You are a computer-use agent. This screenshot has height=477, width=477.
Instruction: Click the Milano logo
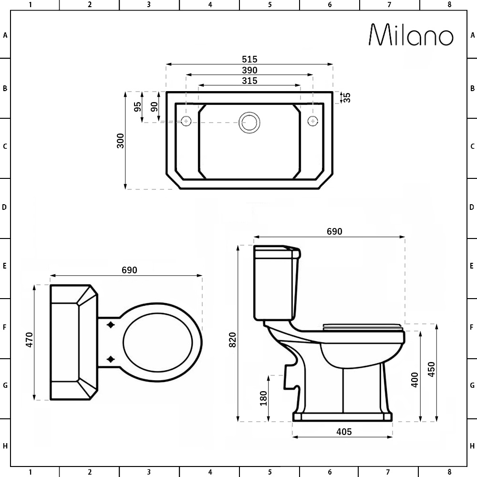point(411,35)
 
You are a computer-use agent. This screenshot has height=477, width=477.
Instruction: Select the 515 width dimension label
point(249,59)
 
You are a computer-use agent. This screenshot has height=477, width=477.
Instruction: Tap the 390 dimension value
point(249,70)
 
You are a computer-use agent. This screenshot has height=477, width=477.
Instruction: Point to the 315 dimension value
point(249,81)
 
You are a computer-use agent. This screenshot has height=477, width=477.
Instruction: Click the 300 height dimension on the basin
point(121,141)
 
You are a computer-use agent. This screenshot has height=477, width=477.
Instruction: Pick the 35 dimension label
point(347,97)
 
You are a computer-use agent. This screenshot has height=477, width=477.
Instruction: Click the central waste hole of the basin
point(249,122)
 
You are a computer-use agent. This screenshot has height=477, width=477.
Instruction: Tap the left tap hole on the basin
point(186,121)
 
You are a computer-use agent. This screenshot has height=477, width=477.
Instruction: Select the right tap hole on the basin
point(313,121)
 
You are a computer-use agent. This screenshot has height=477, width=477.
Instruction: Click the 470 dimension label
point(29,340)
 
